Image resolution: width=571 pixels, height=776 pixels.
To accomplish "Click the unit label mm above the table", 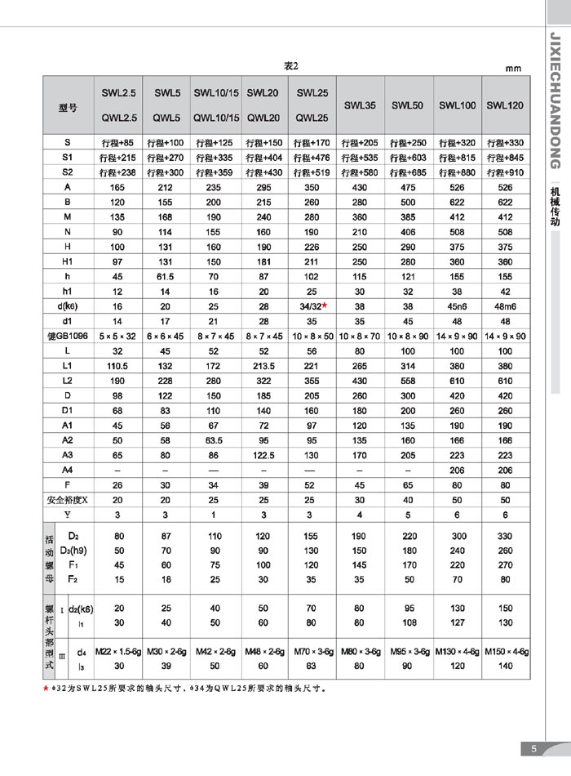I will point(513,69).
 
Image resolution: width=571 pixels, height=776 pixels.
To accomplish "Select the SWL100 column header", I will point(458,105).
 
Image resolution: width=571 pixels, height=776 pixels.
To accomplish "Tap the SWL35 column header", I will point(360,105).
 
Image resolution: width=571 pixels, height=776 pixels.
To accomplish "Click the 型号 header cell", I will point(69,106).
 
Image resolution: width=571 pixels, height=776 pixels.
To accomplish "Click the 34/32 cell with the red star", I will point(312,305).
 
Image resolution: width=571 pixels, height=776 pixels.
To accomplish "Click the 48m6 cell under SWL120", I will point(505,305).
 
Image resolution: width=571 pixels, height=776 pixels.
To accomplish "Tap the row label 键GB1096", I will point(68,335).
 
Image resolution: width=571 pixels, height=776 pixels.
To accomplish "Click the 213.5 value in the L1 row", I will point(263,364).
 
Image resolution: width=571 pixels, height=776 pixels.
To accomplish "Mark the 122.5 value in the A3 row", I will point(263,455).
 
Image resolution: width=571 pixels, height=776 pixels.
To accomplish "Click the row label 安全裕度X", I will point(68,499).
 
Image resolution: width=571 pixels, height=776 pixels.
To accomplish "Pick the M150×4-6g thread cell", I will point(505,651).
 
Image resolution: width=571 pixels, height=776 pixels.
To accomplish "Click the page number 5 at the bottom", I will point(533,749).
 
